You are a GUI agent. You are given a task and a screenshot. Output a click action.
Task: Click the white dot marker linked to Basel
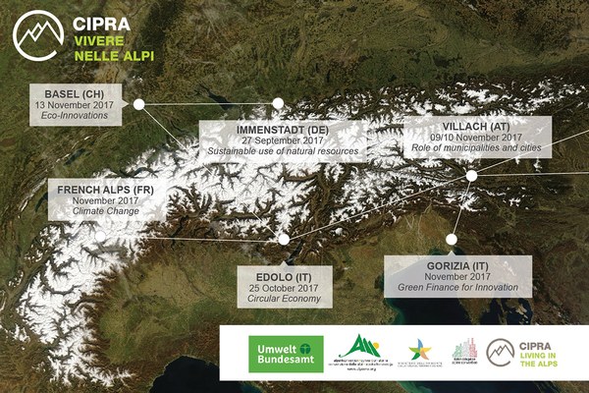[x=138, y=103]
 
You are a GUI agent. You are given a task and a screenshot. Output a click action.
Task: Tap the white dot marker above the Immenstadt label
[x=278, y=102]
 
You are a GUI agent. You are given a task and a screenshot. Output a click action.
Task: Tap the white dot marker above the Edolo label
[x=284, y=239]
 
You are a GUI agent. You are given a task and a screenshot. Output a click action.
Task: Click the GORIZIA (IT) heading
[x=458, y=266]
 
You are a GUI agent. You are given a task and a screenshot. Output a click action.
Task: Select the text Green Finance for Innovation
[x=458, y=288]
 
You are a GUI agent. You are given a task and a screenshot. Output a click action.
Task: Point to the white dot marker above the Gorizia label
[x=453, y=237]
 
